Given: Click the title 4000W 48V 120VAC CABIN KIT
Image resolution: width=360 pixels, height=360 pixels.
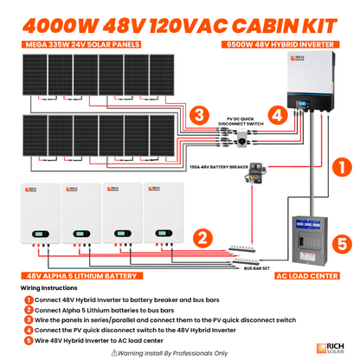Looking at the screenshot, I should [x=179, y=18].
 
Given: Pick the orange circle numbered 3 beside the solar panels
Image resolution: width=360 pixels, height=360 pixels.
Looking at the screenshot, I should [x=198, y=115].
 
